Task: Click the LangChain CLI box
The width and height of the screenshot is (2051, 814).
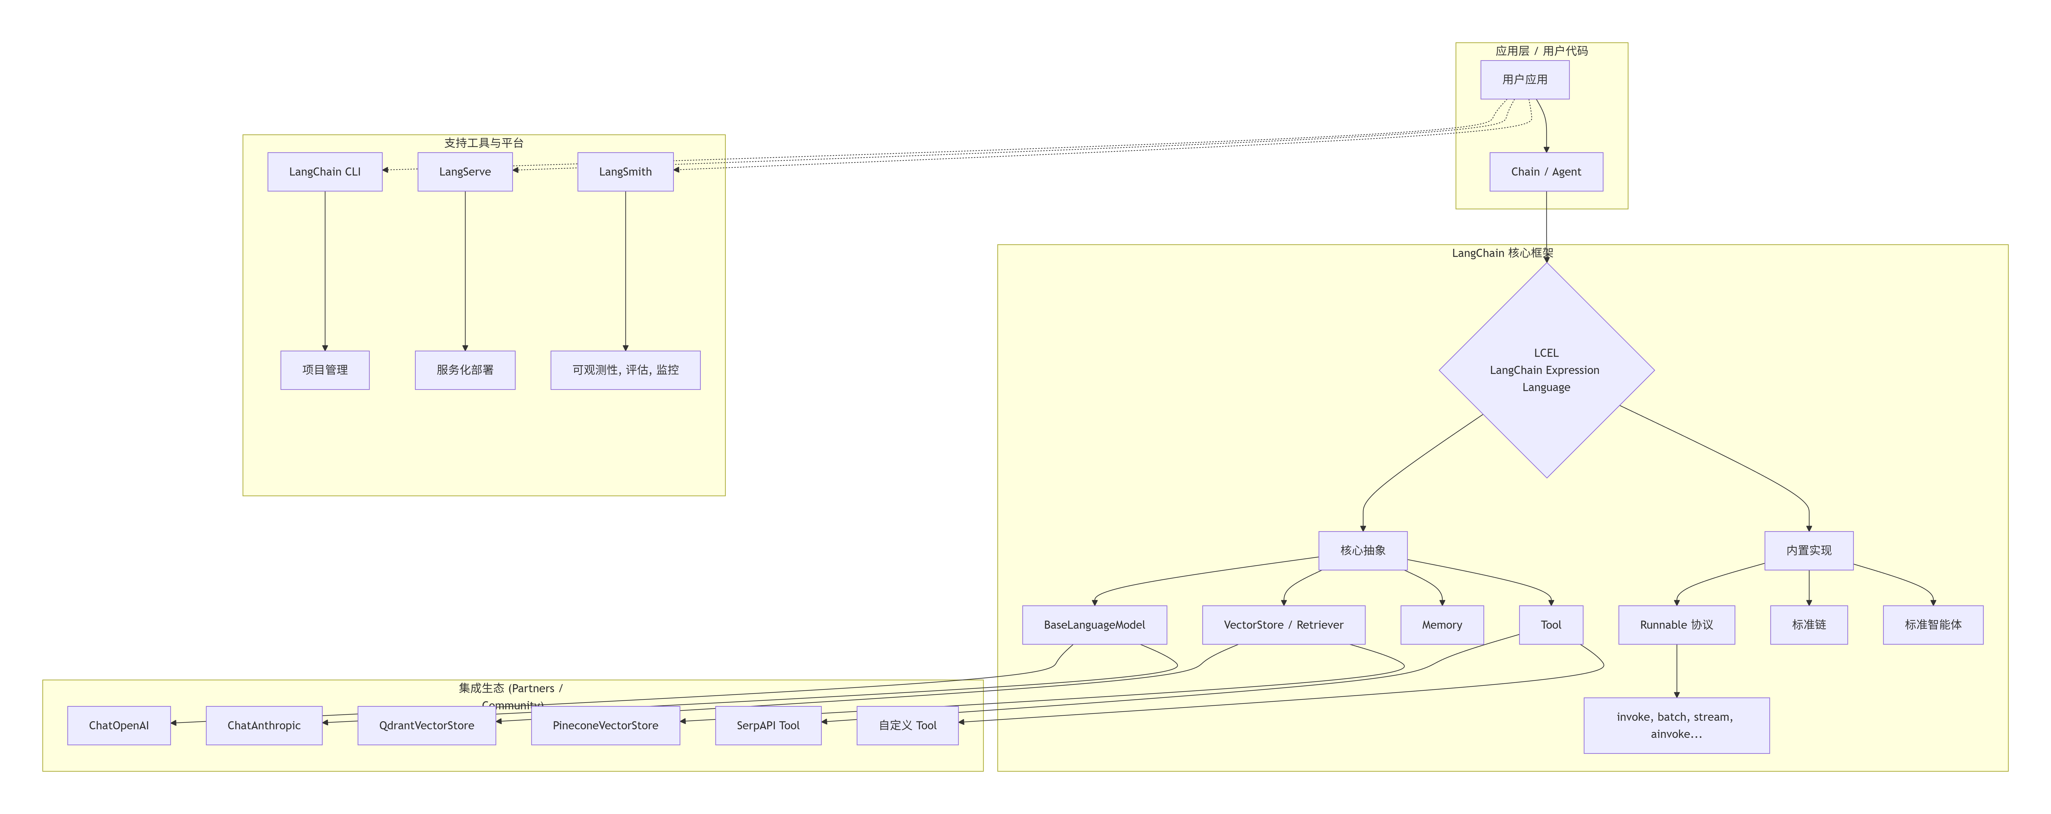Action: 325,172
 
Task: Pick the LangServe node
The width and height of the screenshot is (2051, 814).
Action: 465,172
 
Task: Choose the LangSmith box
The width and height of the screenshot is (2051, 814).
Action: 625,172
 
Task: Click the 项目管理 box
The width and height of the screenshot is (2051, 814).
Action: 325,370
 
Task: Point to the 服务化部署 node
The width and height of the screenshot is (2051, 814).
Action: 465,370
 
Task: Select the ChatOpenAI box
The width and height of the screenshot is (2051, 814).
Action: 119,726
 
